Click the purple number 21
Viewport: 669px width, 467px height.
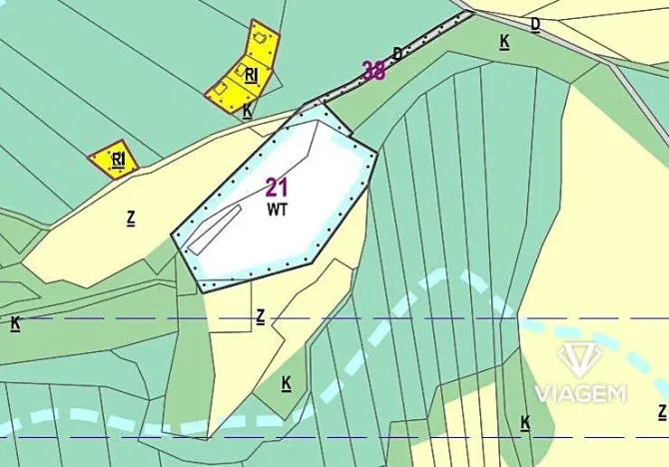point(278,187)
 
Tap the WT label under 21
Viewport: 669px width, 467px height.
point(277,210)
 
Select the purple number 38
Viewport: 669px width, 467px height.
point(373,71)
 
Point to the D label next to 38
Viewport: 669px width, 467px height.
point(397,53)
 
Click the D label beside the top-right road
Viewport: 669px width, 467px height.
point(535,23)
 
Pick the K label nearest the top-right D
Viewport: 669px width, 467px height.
point(504,41)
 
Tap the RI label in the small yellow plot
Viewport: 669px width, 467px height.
point(118,158)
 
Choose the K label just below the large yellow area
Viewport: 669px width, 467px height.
point(247,111)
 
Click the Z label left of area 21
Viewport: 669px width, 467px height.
point(130,217)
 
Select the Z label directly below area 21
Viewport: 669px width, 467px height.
point(260,316)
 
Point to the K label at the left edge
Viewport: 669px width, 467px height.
point(15,323)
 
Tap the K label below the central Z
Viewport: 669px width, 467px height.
point(286,382)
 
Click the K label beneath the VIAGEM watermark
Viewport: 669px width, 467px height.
point(525,422)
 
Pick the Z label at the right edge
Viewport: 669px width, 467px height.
point(661,411)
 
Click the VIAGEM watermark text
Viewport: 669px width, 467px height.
point(580,392)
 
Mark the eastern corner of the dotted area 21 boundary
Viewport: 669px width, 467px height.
point(375,153)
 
